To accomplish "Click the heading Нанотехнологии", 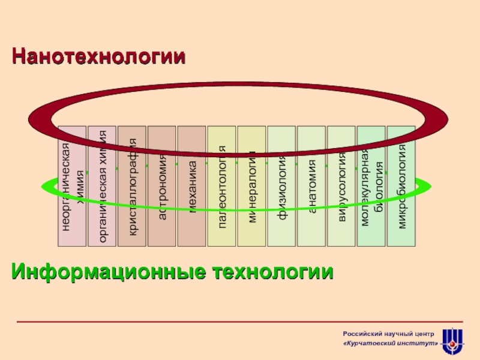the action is coord(99,57).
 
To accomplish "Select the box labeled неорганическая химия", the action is coord(72,210).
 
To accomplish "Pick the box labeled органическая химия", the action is coord(102,210).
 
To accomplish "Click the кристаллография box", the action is coord(132,210).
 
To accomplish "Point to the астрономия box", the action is coord(162,210).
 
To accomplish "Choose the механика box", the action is coord(192,210).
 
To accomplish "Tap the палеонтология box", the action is coord(222,210).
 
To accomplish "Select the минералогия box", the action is coord(252,210).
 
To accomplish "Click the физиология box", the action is coord(281,210).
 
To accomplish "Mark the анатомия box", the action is coord(311,210).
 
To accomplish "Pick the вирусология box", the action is coord(341,210).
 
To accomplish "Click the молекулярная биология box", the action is coord(371,210).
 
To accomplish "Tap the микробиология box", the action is coord(401,210).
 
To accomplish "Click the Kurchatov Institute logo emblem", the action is coord(452,341).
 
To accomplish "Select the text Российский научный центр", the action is coord(388,333).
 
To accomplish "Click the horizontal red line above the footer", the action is coord(240,322).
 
